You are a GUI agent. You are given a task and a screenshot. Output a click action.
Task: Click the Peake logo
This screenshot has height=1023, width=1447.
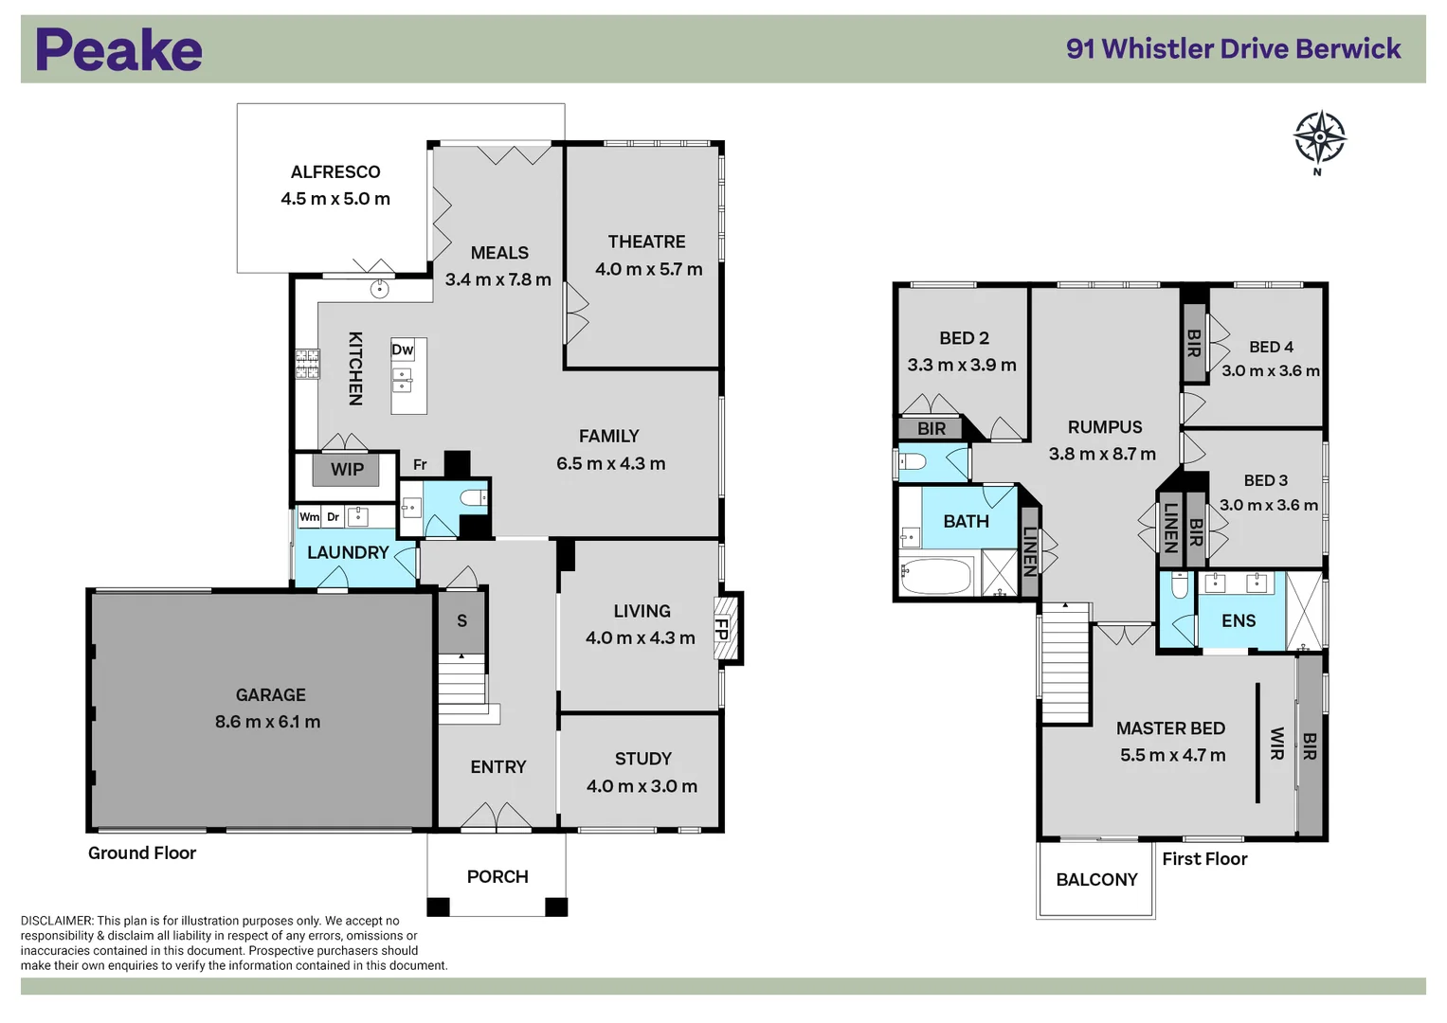pyautogui.click(x=118, y=50)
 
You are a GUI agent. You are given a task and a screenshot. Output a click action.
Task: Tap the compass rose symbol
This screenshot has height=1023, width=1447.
pyautogui.click(x=1319, y=138)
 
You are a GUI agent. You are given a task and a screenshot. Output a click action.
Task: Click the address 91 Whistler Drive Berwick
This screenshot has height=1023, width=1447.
pyautogui.click(x=1233, y=49)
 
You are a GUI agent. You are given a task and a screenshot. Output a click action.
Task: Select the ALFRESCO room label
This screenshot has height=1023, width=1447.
pyautogui.click(x=335, y=172)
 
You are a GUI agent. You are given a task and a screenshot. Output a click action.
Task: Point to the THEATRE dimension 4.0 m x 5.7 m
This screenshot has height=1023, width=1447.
pyautogui.click(x=648, y=269)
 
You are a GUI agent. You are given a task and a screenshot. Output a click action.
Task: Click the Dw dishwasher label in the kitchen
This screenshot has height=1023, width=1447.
pyautogui.click(x=402, y=350)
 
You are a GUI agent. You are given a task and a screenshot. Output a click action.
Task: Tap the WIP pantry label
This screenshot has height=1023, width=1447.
pyautogui.click(x=347, y=469)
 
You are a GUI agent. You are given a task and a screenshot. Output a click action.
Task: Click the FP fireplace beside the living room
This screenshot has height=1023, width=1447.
pyautogui.click(x=722, y=627)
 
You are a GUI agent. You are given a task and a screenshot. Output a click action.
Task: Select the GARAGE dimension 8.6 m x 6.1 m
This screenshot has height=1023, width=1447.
pyautogui.click(x=267, y=722)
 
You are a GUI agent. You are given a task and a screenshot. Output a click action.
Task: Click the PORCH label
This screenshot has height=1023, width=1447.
pyautogui.click(x=497, y=877)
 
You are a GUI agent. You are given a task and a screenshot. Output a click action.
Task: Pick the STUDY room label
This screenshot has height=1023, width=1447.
pyautogui.click(x=642, y=759)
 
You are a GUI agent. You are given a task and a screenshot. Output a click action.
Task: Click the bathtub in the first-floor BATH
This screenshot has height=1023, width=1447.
pyautogui.click(x=936, y=576)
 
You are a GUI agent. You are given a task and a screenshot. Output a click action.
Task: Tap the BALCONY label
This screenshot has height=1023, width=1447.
pyautogui.click(x=1096, y=880)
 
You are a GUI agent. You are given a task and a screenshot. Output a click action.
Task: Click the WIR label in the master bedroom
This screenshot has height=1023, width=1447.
pyautogui.click(x=1276, y=744)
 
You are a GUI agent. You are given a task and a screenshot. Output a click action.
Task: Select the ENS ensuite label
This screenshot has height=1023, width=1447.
pyautogui.click(x=1238, y=621)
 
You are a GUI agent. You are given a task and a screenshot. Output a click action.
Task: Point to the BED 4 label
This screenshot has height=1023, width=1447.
pyautogui.click(x=1271, y=347)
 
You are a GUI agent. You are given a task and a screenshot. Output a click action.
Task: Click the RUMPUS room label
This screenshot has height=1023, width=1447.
pyautogui.click(x=1105, y=427)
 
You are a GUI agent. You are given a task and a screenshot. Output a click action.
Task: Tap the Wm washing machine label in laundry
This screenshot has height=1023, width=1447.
pyautogui.click(x=309, y=517)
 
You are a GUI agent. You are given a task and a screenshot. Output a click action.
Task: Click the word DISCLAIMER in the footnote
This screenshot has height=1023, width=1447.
pyautogui.click(x=57, y=921)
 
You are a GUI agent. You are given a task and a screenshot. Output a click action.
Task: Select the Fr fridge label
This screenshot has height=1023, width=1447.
pyautogui.click(x=420, y=465)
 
